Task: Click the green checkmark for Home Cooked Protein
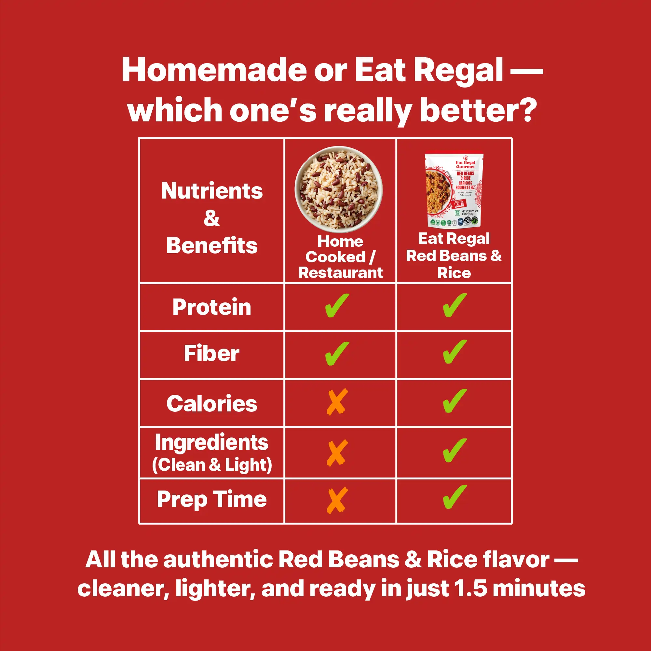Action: tap(337, 305)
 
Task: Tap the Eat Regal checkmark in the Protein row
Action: tap(454, 305)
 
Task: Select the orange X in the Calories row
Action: tap(337, 402)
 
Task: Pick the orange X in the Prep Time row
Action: tap(337, 500)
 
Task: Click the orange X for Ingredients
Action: tap(337, 453)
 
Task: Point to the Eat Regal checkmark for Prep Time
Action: tap(454, 497)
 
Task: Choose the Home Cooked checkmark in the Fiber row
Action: tap(337, 353)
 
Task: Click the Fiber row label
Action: tap(211, 353)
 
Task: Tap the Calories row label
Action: tap(211, 404)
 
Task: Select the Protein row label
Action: tap(211, 307)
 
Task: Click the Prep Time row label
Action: tap(211, 499)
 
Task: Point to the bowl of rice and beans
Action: tap(339, 189)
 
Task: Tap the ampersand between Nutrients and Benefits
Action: tap(211, 218)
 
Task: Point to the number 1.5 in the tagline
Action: tap(471, 589)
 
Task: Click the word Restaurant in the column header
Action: tap(340, 273)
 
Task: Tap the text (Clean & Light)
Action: tap(211, 465)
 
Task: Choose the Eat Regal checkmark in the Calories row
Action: tap(454, 401)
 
